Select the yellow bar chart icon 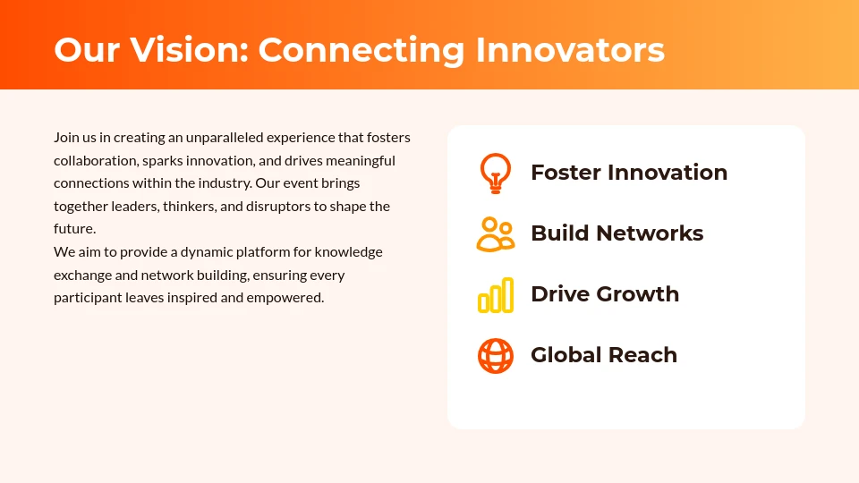(495, 295)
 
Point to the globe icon (495, 356)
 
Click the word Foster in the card (566, 173)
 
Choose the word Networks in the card (650, 233)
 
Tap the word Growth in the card (638, 294)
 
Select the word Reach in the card (642, 355)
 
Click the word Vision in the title (190, 50)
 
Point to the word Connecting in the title (361, 51)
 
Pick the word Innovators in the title (570, 50)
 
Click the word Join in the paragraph (66, 137)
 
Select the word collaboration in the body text (96, 160)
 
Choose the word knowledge (348, 252)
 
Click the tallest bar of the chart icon (508, 295)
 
